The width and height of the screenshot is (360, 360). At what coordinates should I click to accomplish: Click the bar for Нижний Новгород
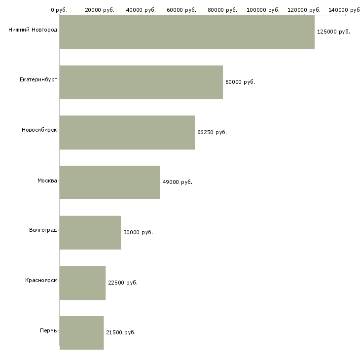[x=187, y=32]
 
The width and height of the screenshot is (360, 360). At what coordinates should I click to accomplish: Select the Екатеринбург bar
[x=141, y=82]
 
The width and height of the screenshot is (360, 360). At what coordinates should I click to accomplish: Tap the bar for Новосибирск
[x=127, y=132]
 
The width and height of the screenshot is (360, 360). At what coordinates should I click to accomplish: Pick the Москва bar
[x=109, y=182]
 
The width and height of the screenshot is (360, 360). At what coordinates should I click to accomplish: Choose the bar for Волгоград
[x=90, y=232]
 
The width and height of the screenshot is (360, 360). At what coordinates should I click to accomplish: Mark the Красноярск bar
[x=82, y=283]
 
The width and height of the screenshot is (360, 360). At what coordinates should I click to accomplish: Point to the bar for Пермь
[x=81, y=332]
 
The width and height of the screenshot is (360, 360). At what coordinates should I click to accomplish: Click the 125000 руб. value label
[x=333, y=32]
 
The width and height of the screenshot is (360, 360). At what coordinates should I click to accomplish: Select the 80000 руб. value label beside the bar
[x=240, y=82]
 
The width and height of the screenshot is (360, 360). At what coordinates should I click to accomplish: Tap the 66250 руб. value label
[x=212, y=132]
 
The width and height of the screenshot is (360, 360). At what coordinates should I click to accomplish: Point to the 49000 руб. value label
[x=177, y=182]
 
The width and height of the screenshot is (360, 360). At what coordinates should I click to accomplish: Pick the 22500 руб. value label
[x=122, y=283]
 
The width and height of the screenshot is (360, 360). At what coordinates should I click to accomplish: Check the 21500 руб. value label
[x=120, y=332]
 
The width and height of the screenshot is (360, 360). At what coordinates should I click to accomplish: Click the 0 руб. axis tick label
[x=59, y=10]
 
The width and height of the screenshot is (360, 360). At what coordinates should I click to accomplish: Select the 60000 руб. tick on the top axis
[x=182, y=10]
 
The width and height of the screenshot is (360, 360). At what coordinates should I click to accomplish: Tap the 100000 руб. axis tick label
[x=263, y=10]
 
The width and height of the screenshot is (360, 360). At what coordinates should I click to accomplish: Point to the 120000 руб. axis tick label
[x=304, y=10]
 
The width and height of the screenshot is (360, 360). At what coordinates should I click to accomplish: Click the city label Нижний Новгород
[x=33, y=30]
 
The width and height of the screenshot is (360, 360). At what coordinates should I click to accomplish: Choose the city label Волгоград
[x=43, y=230]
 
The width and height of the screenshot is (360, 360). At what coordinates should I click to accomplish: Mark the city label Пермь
[x=48, y=330]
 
